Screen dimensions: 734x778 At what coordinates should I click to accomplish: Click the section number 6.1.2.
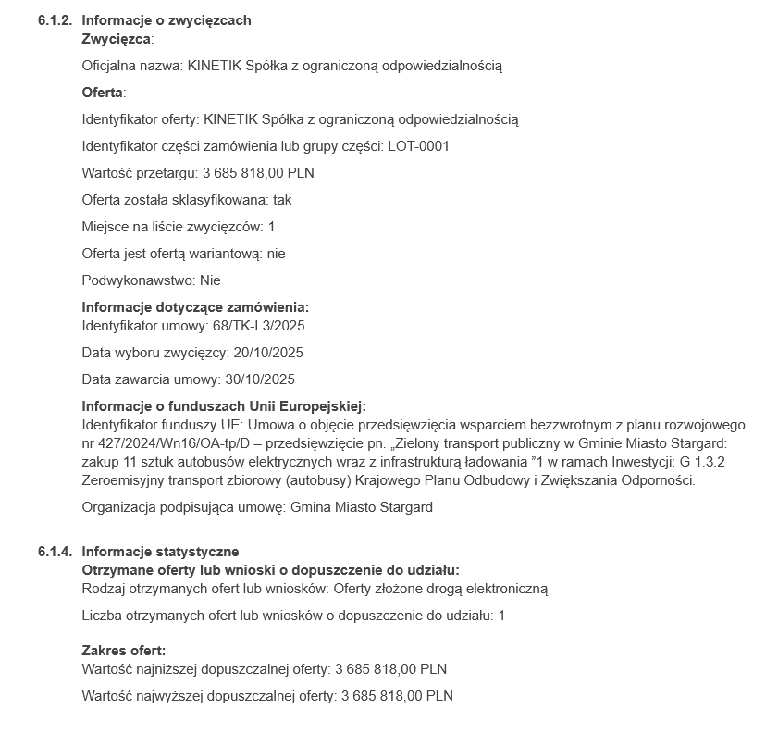(55, 20)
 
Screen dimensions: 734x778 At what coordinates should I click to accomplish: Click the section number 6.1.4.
(55, 552)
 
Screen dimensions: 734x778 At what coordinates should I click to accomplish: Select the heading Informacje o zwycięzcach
(167, 20)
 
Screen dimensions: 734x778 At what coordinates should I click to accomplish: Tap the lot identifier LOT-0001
(419, 146)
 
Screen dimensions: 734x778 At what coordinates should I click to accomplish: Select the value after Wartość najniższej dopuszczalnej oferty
(390, 669)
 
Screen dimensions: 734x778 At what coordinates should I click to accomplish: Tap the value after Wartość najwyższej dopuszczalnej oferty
(397, 696)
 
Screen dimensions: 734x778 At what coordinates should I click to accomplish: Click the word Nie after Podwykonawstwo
(210, 280)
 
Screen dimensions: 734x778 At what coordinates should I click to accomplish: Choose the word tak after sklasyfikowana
(282, 200)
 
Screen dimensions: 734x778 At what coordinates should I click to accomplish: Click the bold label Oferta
(102, 93)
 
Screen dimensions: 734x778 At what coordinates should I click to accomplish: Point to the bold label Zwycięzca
(116, 39)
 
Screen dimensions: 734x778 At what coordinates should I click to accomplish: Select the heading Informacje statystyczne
(160, 552)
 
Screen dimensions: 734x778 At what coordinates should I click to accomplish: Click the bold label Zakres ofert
(123, 651)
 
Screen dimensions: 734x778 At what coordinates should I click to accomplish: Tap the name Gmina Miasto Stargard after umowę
(361, 507)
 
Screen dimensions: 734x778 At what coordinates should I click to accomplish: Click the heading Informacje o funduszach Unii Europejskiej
(224, 406)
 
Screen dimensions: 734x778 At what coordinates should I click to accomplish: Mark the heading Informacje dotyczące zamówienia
(195, 307)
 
